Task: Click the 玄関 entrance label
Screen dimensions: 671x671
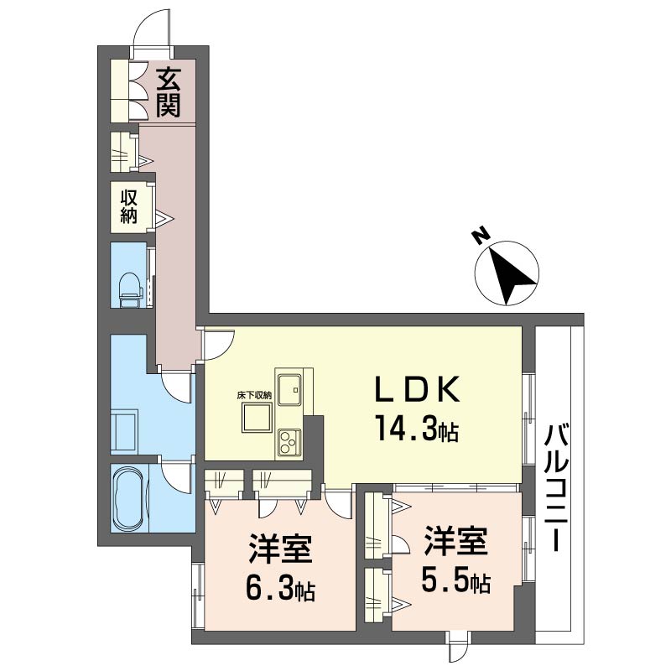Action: click(x=169, y=92)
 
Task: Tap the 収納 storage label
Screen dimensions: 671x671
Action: click(x=129, y=206)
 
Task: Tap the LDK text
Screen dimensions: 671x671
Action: click(x=417, y=389)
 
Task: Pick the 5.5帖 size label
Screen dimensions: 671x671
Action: click(x=456, y=580)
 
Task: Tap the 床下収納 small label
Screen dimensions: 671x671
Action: click(x=255, y=396)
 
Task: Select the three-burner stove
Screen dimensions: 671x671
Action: click(x=289, y=442)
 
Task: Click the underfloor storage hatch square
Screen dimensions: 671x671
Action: click(x=257, y=418)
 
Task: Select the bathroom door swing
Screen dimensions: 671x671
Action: click(x=176, y=477)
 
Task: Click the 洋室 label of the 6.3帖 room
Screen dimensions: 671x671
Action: click(x=280, y=549)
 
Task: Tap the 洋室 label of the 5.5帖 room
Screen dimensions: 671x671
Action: click(x=456, y=540)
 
